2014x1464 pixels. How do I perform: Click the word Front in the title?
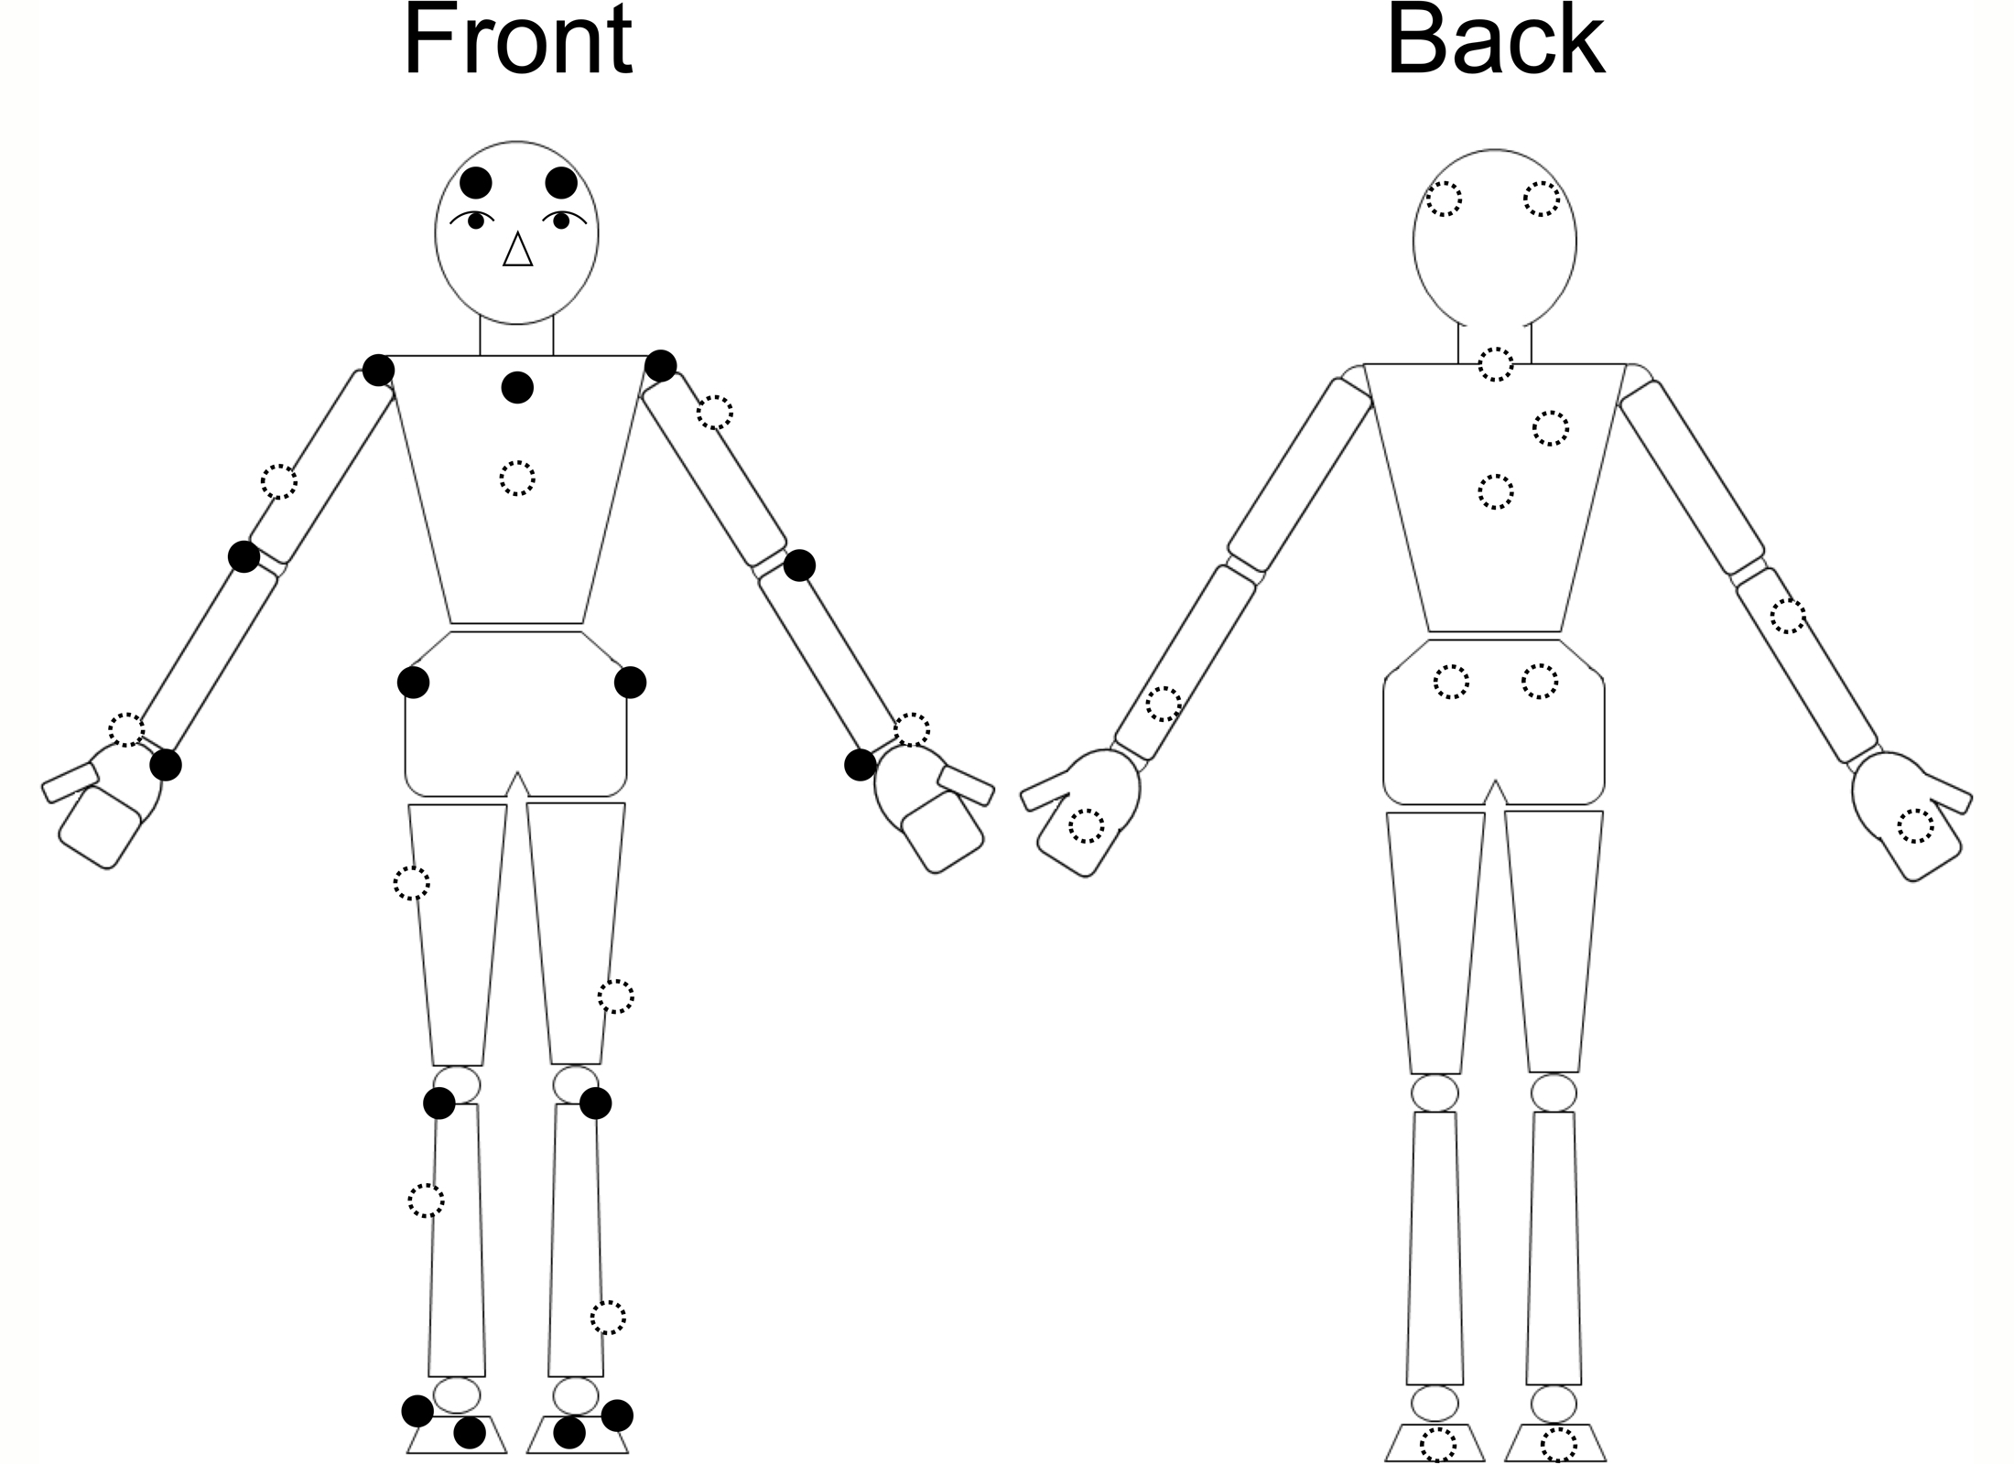pos(517,41)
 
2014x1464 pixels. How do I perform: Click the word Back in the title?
pos(1495,41)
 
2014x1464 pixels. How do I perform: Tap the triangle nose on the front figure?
pos(518,250)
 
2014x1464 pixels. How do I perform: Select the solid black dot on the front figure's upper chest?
pos(517,387)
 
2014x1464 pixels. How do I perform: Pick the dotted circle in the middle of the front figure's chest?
pos(517,478)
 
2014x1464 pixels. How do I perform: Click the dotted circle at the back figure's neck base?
pos(1496,364)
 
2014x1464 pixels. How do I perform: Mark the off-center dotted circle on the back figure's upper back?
pos(1551,428)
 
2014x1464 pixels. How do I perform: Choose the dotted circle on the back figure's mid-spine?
pos(1496,492)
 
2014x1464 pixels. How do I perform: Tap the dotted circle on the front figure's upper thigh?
pos(411,883)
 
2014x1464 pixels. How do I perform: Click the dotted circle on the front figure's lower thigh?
pos(615,996)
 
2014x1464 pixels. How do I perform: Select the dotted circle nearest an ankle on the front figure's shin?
pos(608,1318)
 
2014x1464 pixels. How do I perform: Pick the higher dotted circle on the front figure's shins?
pos(426,1200)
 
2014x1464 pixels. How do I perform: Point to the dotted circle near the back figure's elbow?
pos(1788,616)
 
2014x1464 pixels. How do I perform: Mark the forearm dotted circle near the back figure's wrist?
pos(1164,704)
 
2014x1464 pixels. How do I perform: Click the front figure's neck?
pos(517,337)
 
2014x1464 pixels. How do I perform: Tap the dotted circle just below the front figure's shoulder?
pos(715,413)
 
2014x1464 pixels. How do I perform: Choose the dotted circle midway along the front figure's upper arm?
pos(279,481)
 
